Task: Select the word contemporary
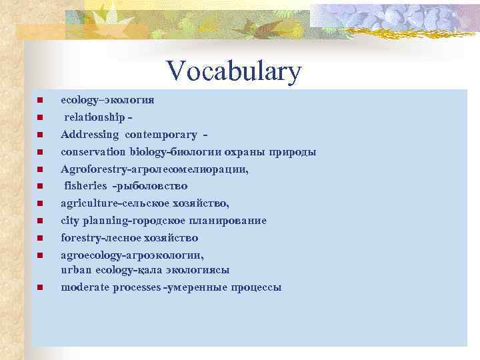tap(161, 135)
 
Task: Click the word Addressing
tap(89, 135)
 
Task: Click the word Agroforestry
tap(90, 169)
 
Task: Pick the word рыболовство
tap(154, 186)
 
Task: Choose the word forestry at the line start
tap(79, 238)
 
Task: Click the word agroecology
tap(88, 255)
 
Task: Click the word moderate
tap(83, 287)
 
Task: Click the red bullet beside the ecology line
tap(40, 100)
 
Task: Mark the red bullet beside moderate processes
tap(40, 287)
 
